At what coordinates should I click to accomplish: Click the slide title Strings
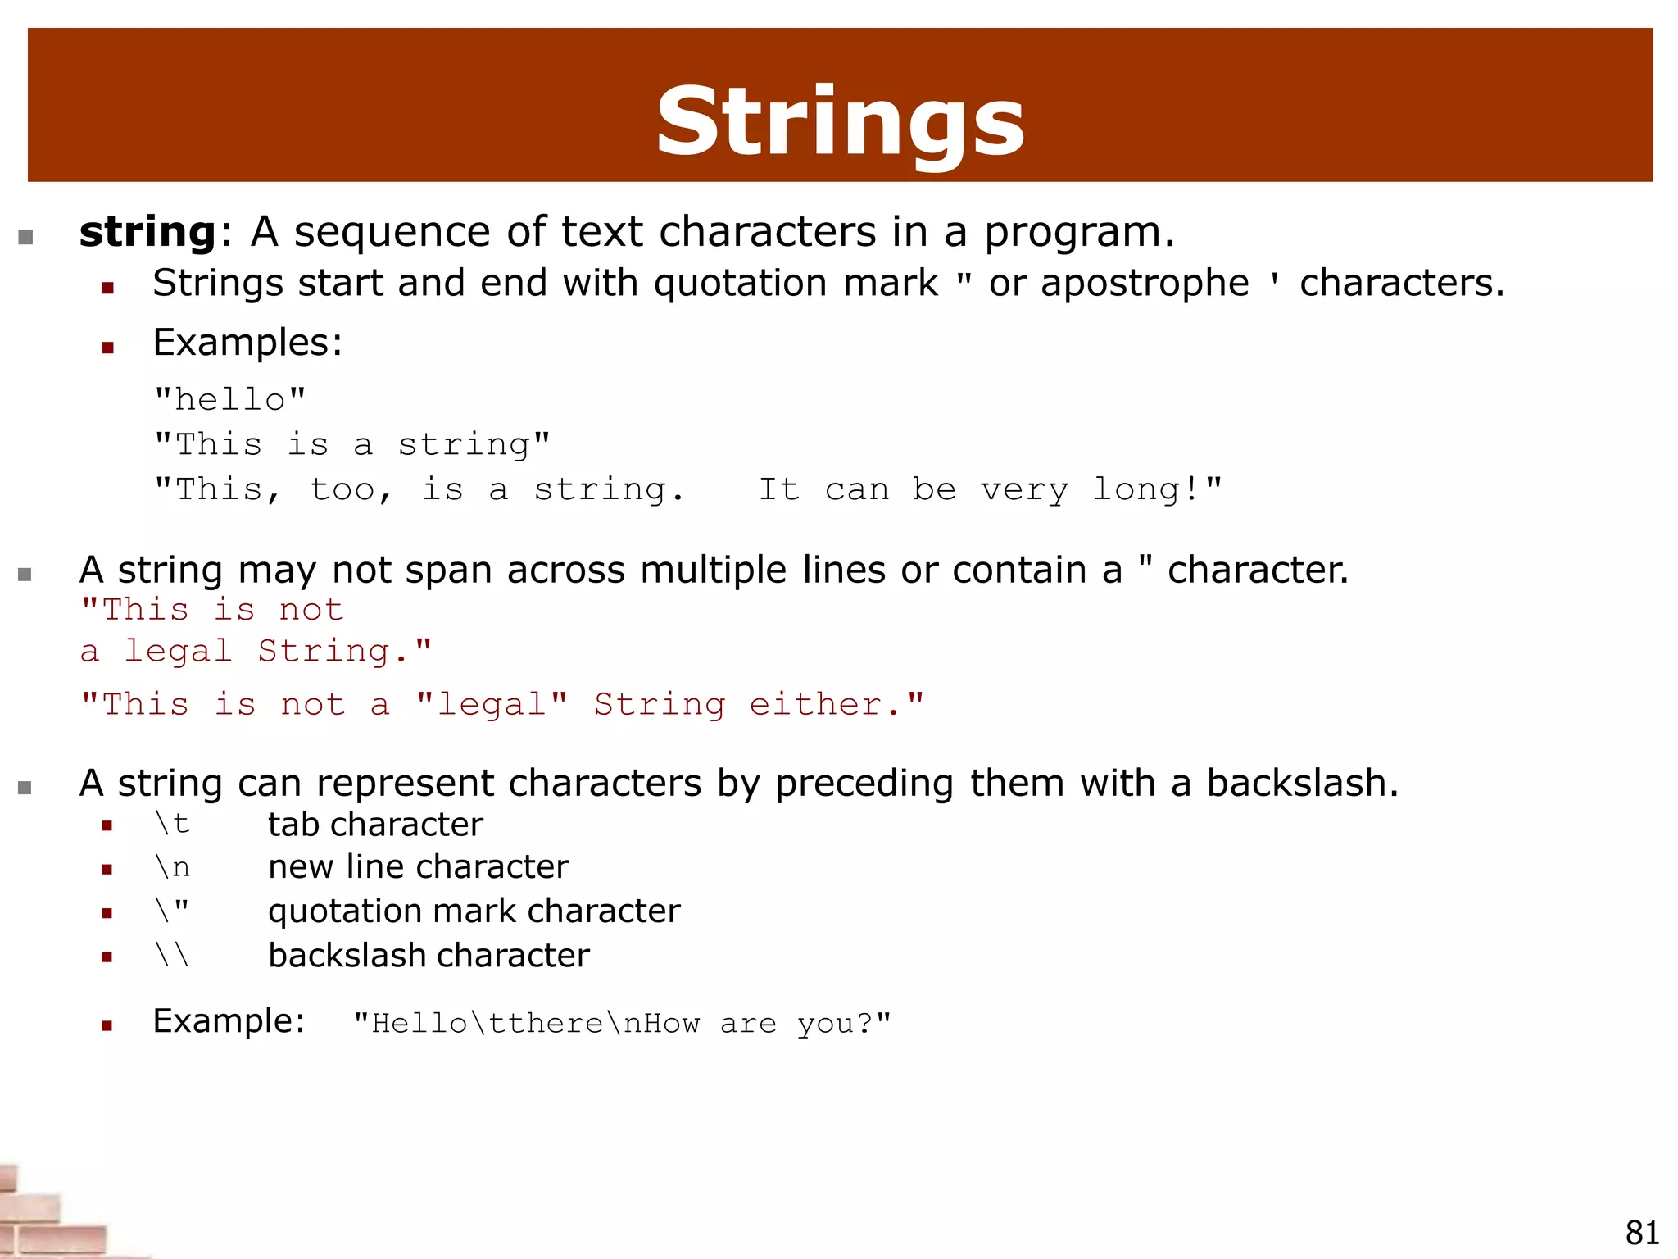click(x=840, y=123)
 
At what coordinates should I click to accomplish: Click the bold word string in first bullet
click(x=147, y=232)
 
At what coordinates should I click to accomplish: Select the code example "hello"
click(x=230, y=400)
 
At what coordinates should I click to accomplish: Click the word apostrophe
click(x=1144, y=284)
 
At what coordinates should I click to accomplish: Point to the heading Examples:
click(x=247, y=343)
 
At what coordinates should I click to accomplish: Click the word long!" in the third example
click(x=1157, y=489)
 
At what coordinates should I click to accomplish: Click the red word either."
click(x=836, y=704)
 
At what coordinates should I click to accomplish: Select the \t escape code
click(x=172, y=824)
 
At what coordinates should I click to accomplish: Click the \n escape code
click(x=172, y=867)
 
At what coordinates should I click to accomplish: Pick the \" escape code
click(x=172, y=910)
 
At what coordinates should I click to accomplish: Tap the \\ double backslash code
click(x=172, y=955)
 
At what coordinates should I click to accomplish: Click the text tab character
click(x=375, y=825)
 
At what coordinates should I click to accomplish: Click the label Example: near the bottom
click(x=229, y=1021)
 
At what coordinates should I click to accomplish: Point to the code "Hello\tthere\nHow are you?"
click(x=622, y=1023)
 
